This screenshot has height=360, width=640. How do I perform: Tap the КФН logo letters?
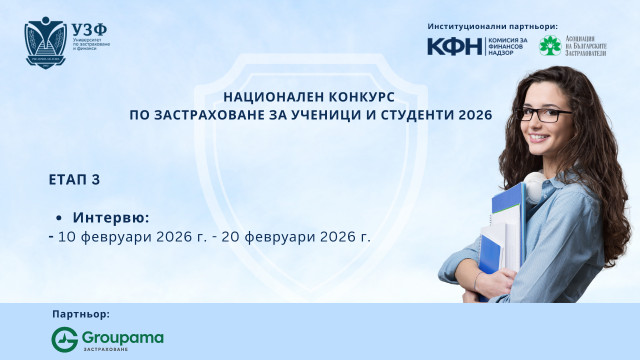point(452,46)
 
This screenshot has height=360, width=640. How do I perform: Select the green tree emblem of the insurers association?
point(549,46)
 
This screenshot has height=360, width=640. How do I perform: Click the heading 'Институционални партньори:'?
point(492,25)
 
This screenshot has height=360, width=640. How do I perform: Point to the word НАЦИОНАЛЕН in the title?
point(269,97)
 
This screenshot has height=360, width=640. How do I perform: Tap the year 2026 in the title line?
point(474,115)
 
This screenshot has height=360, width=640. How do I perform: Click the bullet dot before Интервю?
point(61,218)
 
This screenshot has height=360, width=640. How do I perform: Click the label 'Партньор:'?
point(81,315)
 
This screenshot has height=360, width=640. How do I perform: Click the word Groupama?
point(123,337)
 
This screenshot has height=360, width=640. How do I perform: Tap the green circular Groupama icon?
point(65,339)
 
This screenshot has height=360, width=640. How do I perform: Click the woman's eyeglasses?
point(541,114)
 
